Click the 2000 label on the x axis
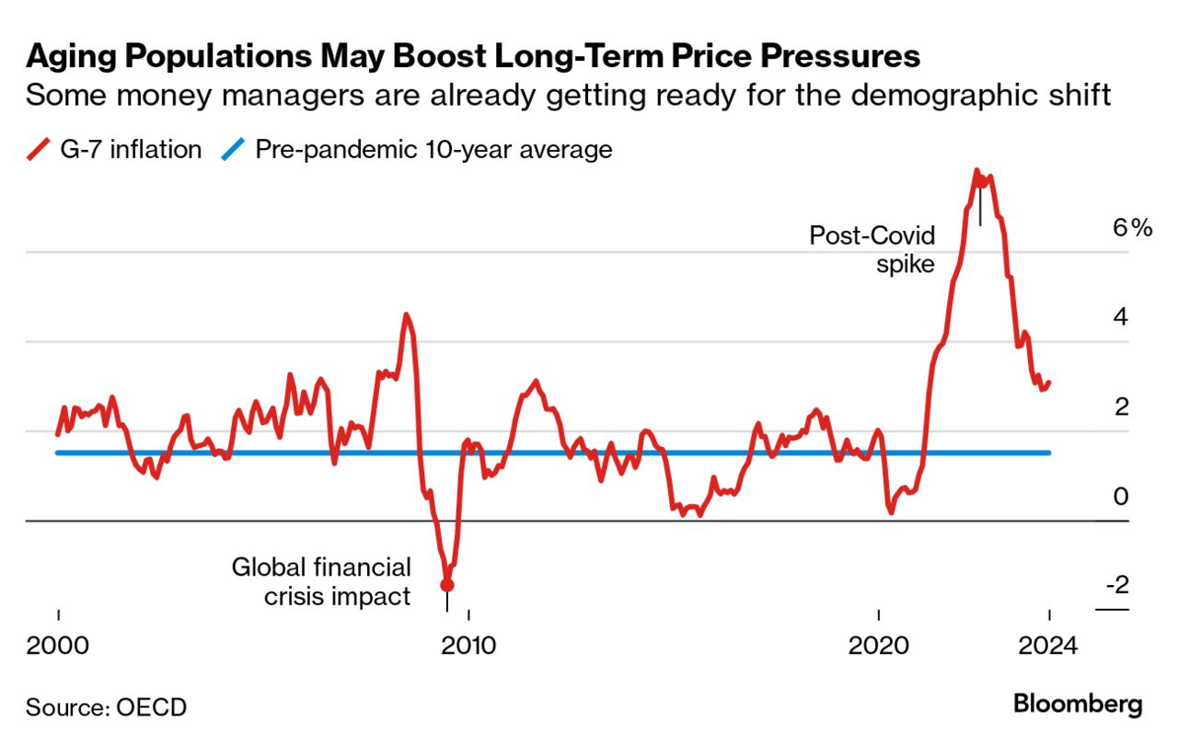(x=58, y=645)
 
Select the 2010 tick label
(x=468, y=645)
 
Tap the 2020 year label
(x=879, y=645)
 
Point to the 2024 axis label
(x=1048, y=645)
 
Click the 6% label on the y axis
(x=1132, y=228)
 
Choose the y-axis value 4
(x=1120, y=317)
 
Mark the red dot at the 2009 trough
(x=447, y=584)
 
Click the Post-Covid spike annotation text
(x=872, y=250)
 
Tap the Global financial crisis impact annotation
(x=321, y=581)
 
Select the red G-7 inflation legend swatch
(x=40, y=150)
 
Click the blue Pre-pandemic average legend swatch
(x=235, y=150)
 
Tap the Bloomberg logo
(x=1077, y=705)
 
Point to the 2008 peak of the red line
(x=405, y=315)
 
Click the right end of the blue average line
(x=1048, y=453)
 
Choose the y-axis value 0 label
(x=1120, y=497)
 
